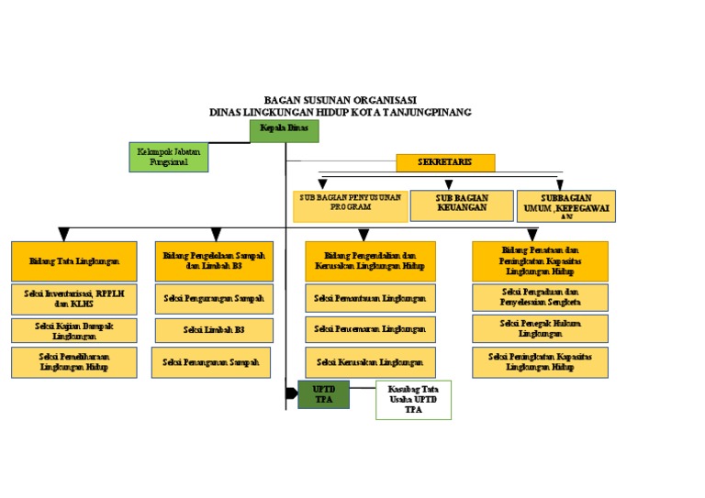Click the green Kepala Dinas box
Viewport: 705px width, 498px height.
coord(285,131)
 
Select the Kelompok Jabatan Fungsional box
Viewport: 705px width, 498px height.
coord(169,157)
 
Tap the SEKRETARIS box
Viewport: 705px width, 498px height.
coord(445,162)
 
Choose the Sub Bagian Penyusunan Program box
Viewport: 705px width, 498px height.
coord(350,205)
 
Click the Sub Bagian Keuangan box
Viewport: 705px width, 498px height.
coord(462,205)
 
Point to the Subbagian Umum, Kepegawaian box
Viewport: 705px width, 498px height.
coord(565,206)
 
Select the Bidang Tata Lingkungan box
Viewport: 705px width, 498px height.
coord(74,260)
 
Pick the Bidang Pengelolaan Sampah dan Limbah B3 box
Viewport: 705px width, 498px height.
coord(214,260)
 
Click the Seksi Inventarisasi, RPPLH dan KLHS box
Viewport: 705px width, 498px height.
coord(74,298)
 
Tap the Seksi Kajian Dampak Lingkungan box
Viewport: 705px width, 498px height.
coord(74,330)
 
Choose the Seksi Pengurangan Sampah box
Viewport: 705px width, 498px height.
coord(214,298)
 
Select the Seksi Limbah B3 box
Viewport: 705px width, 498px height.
coord(214,329)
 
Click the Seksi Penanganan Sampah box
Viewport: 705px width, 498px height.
coord(211,362)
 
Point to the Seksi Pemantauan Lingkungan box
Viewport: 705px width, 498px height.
coord(370,298)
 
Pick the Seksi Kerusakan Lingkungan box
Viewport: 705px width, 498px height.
coord(370,361)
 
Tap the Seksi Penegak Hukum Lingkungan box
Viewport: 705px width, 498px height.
coord(540,328)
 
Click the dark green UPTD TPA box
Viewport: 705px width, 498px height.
coord(323,394)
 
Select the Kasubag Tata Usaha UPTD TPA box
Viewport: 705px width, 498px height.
coord(413,400)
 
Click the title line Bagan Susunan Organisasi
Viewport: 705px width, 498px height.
coord(340,99)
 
